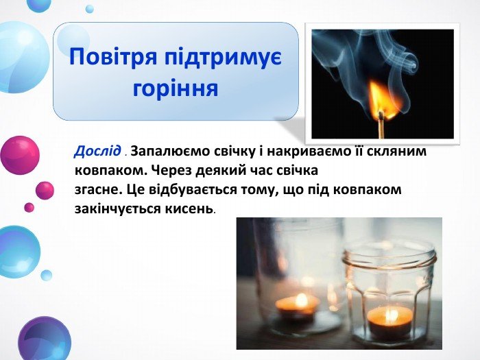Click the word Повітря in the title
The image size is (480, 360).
point(114,58)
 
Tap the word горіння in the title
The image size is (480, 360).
point(176,88)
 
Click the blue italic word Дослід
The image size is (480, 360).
point(97,152)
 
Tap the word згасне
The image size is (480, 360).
point(96,190)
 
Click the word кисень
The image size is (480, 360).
point(189,208)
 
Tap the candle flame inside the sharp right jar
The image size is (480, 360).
point(389,315)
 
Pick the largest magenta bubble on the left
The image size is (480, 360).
point(20,155)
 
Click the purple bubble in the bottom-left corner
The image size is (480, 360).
point(45,340)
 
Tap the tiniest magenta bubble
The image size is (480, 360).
point(29,207)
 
